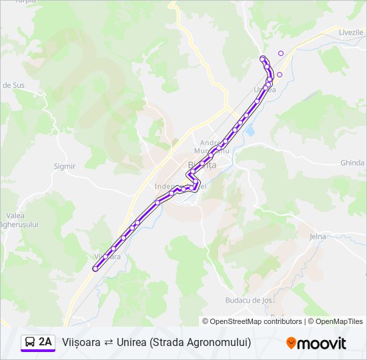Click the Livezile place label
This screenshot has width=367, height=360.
[350, 33]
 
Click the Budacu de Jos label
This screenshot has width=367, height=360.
[250, 301]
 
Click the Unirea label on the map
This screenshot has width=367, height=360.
[265, 89]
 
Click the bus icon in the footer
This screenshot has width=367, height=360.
[30, 342]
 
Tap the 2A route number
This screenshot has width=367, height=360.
[45, 342]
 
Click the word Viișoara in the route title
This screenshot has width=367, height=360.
[81, 342]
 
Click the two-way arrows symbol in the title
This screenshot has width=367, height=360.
[108, 343]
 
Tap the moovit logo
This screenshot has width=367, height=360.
[316, 343]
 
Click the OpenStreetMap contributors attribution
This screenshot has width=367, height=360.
[252, 321]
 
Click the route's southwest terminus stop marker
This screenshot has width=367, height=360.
[95, 269]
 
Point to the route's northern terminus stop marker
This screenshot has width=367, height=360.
[262, 58]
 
